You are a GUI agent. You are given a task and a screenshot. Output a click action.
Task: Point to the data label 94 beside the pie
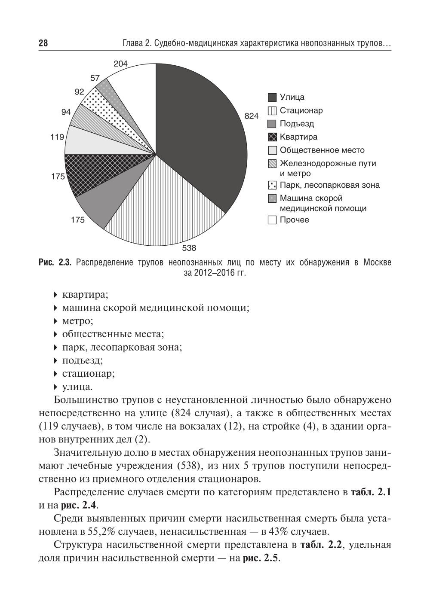[66, 112]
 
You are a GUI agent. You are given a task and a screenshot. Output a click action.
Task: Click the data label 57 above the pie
[95, 79]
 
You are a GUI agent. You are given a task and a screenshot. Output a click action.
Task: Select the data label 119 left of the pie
[57, 137]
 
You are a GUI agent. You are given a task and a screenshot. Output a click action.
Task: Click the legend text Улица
[292, 98]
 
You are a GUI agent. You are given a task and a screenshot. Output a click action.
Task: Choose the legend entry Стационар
[301, 111]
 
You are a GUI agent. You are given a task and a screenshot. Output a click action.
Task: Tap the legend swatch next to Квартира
[272, 137]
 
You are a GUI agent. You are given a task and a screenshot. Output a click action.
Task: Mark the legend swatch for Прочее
[272, 220]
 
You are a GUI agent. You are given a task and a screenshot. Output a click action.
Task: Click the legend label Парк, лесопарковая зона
[329, 186]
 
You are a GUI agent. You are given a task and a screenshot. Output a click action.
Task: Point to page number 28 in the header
[43, 44]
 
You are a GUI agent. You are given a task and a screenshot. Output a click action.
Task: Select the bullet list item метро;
[77, 321]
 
